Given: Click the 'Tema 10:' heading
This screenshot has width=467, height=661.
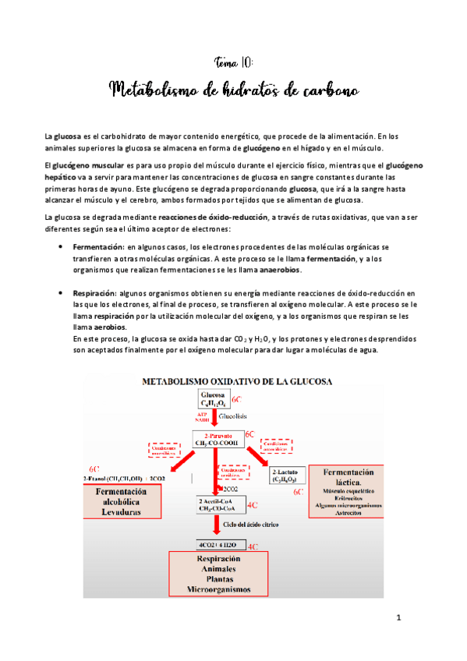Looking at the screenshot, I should [233, 62].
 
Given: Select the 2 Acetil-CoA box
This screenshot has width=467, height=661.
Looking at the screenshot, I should [221, 504].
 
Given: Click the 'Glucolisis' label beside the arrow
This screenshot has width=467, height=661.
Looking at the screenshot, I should [243, 417].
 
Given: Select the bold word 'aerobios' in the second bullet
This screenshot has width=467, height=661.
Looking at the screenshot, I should [90, 328].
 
